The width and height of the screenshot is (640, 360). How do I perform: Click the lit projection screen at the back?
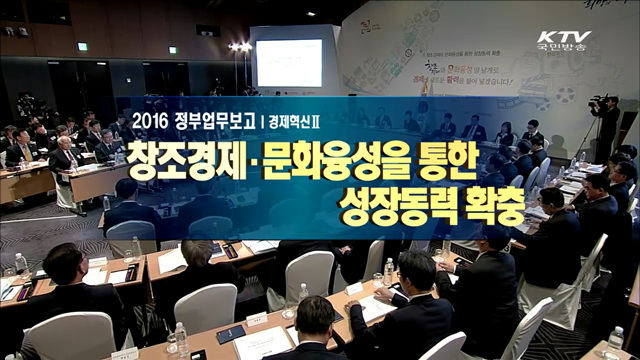(288, 63)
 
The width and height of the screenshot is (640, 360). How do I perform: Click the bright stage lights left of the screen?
(240, 47)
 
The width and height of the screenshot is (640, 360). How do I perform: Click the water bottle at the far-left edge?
(21, 265)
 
